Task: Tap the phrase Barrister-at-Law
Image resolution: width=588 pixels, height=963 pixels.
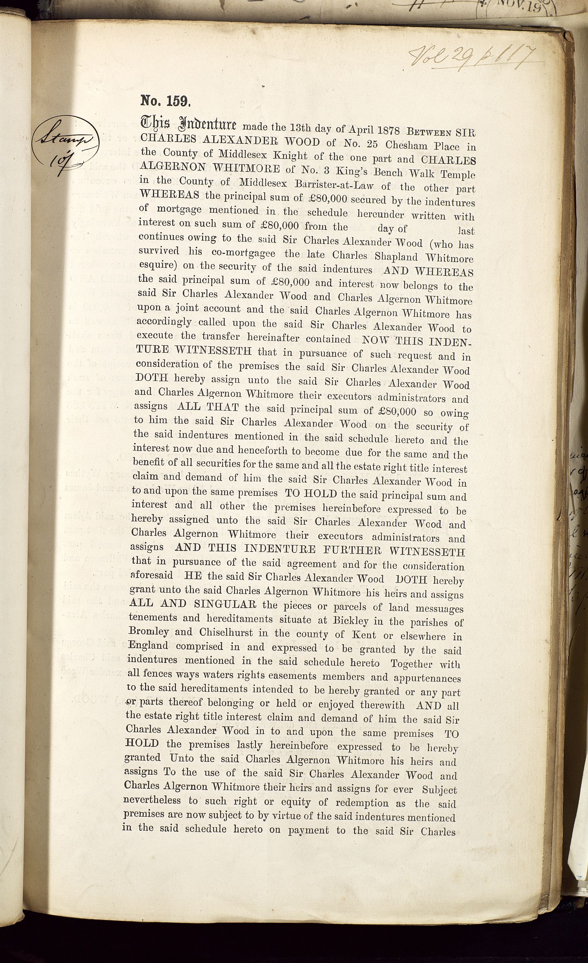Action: [318, 184]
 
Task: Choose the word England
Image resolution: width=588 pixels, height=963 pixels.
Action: [148, 645]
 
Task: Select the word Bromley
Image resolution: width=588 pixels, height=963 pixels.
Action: [148, 632]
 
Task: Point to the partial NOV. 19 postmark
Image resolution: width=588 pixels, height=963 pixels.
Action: [520, 7]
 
